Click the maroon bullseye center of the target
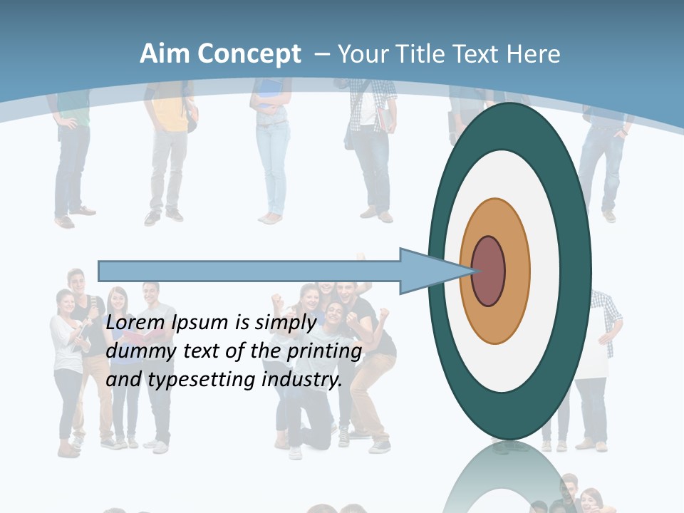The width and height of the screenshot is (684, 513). (x=488, y=271)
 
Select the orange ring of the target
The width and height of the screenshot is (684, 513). (x=517, y=271)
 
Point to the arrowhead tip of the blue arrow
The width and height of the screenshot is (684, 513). (x=474, y=271)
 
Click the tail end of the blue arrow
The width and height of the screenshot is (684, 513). (x=100, y=271)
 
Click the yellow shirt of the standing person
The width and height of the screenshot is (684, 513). (x=170, y=114)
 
